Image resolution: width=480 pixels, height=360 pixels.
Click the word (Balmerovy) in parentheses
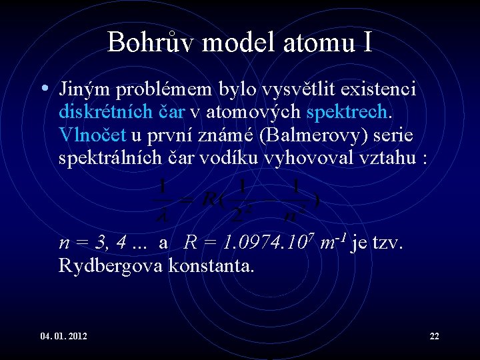point(319,135)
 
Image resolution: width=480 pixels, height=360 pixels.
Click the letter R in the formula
point(208,199)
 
